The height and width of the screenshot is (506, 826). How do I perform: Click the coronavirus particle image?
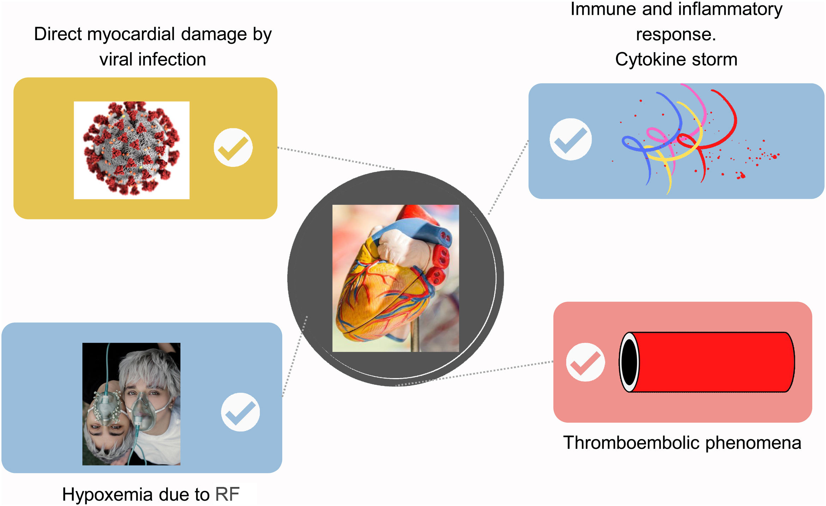pos(131,150)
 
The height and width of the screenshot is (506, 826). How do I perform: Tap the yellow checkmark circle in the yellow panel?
pos(233,147)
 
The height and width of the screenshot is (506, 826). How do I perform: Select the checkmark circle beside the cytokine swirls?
pos(570,139)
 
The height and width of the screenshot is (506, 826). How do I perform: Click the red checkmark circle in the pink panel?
pos(585,362)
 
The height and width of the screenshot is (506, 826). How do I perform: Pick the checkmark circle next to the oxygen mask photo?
pos(240,412)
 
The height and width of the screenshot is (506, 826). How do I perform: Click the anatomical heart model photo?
pos(396,278)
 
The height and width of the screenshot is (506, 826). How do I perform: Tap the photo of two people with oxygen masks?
pos(131,404)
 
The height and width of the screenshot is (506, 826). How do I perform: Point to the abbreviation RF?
pos(227,494)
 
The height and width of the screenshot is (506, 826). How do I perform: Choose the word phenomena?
pos(753,443)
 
